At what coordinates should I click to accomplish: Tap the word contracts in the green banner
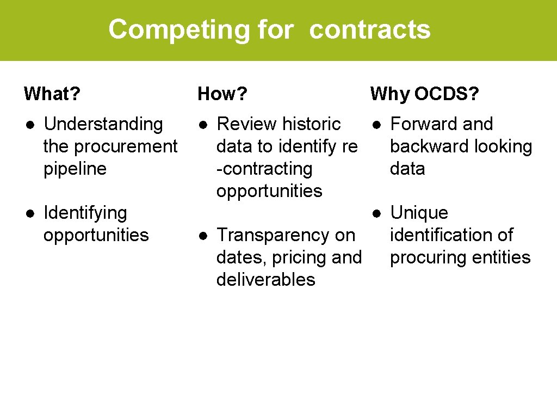(370, 29)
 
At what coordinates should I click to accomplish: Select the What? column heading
(52, 94)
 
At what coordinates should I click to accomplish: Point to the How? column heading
(222, 94)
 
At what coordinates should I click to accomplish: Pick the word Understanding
(103, 124)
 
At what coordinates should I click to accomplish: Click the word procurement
(125, 146)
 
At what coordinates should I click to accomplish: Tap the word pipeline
(75, 169)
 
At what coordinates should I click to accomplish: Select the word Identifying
(85, 213)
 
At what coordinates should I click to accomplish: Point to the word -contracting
(264, 169)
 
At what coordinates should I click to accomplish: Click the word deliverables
(265, 280)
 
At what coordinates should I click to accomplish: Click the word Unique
(419, 213)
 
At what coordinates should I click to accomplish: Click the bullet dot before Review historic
(202, 125)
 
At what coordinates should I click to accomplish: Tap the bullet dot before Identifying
(29, 213)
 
